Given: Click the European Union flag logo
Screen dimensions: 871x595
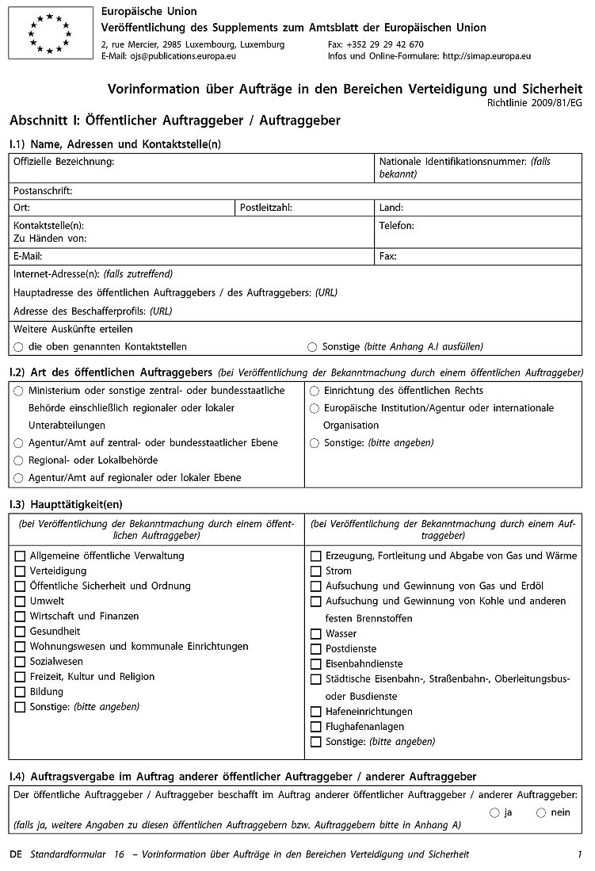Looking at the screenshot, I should coord(51,33).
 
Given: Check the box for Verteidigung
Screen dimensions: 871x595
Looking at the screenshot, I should coord(20,571).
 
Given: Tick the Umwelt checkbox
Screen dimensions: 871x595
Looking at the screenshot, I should coord(20,602).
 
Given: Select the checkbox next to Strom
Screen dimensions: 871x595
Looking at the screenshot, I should coord(315,571).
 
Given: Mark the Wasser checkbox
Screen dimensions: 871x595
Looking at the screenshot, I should coord(315,634).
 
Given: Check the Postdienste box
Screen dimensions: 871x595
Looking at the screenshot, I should coord(315,649).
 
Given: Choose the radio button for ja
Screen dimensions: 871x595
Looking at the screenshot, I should coord(494,812).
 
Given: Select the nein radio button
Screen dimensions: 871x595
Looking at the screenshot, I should coord(541,812).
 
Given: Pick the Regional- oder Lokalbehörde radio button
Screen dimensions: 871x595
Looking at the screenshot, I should coord(19,460).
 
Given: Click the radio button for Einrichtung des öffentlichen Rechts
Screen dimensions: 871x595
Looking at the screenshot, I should coord(315,391).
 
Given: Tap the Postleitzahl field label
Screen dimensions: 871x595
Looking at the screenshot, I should coord(265,208).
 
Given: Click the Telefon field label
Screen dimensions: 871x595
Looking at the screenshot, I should coord(396,226).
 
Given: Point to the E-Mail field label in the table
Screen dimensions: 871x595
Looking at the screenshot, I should coord(28,257).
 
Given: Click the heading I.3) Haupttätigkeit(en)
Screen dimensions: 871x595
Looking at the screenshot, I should coord(66,504).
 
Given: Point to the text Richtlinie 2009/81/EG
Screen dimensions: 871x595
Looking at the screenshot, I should coord(537,103).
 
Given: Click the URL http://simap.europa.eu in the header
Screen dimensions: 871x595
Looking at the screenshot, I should coord(486,56).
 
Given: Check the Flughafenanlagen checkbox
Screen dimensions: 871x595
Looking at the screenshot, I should coord(315,727).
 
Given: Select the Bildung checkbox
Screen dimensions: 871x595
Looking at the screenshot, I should coord(20,692).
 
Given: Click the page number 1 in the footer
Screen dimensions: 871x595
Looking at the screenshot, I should coord(580,854).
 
